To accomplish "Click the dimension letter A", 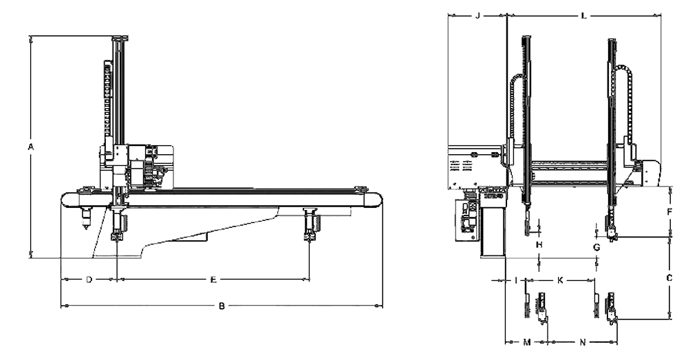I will point(30,147).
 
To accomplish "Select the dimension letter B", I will point(222,306).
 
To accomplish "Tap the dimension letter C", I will point(669,278).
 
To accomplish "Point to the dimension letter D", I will point(89,279).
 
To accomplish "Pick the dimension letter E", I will point(214,279).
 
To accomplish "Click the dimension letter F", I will point(669,212).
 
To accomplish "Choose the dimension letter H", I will point(539,244).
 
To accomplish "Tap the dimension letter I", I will point(516,280).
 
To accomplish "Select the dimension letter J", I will point(477,14).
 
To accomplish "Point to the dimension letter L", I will point(583,14).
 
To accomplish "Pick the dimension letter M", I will point(527,341).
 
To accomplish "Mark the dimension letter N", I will point(582,341).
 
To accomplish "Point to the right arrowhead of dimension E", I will point(308,279).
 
